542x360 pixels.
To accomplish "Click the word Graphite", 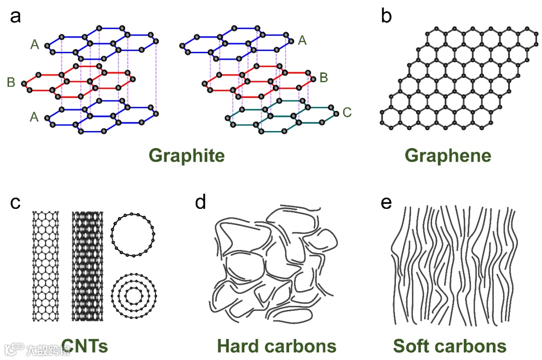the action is click(x=186, y=156).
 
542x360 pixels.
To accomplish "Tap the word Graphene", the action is click(x=448, y=156).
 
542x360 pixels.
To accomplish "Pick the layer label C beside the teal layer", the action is click(x=346, y=112).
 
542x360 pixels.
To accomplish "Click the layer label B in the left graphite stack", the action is click(x=11, y=82).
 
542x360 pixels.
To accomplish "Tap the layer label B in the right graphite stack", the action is click(x=324, y=77).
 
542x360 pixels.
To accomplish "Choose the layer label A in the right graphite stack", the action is click(x=302, y=40).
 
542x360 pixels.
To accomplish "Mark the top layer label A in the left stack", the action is click(x=35, y=45).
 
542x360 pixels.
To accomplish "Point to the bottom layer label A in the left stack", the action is click(x=35, y=117).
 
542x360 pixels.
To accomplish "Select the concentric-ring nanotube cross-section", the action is click(x=132, y=296).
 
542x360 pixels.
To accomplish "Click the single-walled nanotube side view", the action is click(x=46, y=266).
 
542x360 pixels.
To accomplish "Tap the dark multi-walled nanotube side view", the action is click(x=87, y=266).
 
